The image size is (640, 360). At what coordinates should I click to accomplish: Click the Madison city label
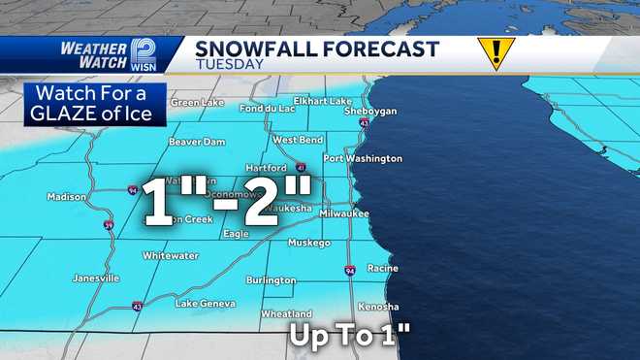coord(67,197)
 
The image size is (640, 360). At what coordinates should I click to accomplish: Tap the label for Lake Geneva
coord(205,304)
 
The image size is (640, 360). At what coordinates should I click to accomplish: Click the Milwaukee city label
coord(344,213)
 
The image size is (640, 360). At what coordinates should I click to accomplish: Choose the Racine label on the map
coord(383,268)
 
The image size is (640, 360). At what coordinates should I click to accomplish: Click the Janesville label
coord(96,278)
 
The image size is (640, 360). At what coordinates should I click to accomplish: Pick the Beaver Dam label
coord(197,142)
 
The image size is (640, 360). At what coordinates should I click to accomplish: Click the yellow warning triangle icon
coord(495,52)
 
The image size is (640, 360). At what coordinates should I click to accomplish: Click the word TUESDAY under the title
coord(229,64)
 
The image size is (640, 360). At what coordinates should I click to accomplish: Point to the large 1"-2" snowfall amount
coord(229,201)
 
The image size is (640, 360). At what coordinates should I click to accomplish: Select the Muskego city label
coord(309,243)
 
